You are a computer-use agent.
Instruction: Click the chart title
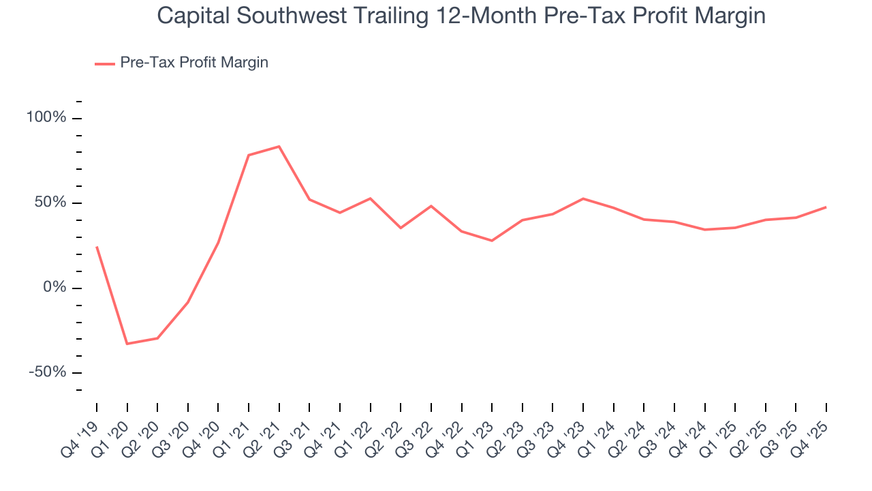461,16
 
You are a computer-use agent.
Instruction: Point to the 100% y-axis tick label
46,118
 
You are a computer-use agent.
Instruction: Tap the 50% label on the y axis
50,203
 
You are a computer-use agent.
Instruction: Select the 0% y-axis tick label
54,288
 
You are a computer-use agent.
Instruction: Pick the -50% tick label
48,372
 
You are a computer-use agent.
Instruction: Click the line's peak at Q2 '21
279,147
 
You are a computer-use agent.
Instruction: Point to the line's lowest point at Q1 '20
127,344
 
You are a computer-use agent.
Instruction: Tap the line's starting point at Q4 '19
97,247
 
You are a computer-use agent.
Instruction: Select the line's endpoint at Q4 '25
826,207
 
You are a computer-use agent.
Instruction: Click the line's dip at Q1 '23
492,241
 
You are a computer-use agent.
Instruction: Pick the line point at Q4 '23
583,198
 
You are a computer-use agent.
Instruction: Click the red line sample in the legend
105,63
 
